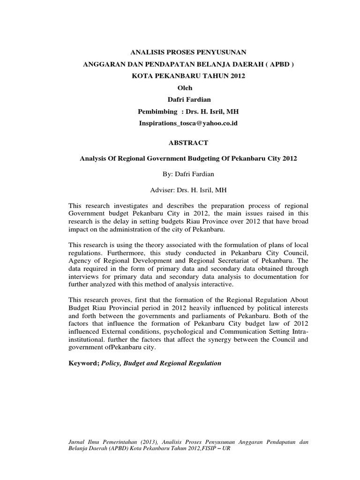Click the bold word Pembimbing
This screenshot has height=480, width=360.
(x=157, y=111)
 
